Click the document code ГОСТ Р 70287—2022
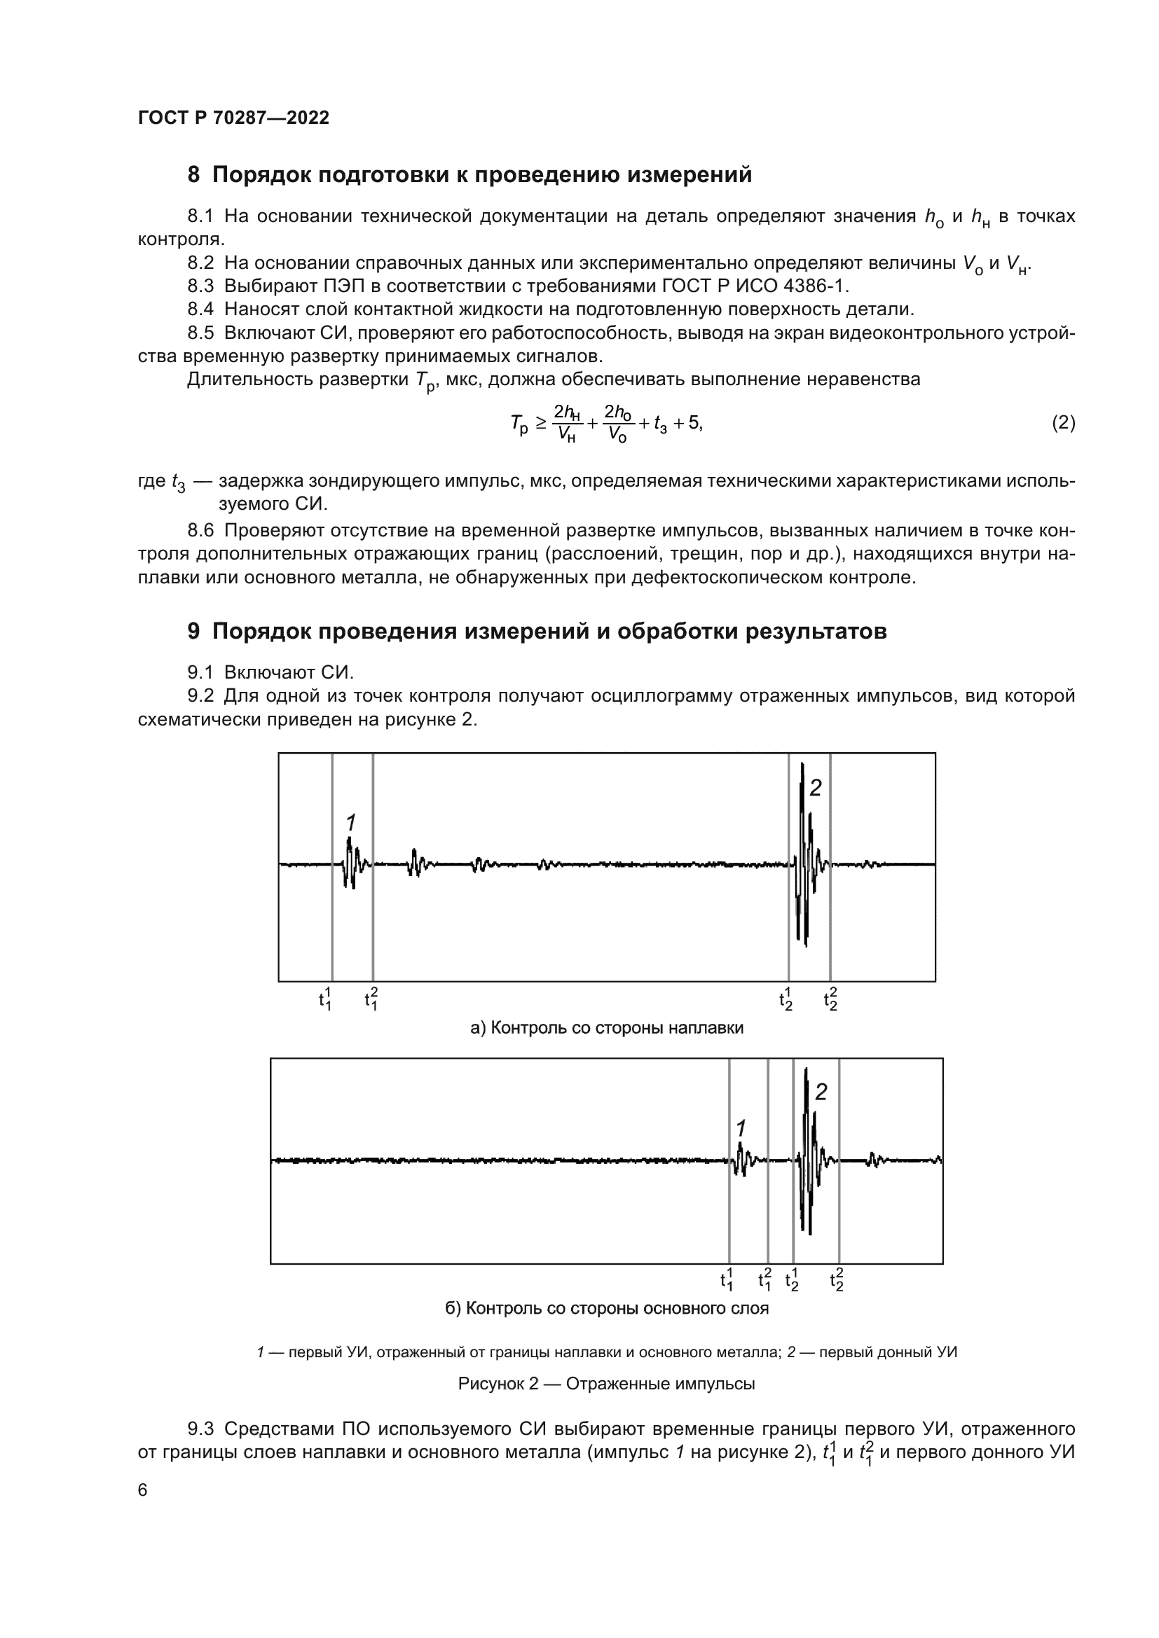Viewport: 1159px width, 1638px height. (233, 118)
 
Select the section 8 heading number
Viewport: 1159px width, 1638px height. (193, 175)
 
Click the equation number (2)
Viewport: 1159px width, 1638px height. (1063, 423)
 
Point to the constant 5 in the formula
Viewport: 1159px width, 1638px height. (694, 422)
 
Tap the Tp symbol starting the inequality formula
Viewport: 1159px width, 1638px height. (519, 424)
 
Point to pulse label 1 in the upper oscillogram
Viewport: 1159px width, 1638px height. (350, 822)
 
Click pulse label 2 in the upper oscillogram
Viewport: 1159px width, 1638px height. (815, 789)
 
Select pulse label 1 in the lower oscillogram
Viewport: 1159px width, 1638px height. (741, 1129)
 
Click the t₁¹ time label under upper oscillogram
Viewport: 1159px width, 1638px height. (325, 999)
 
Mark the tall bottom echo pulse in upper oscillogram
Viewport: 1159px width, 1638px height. (804, 856)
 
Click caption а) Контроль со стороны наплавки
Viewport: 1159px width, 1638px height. (607, 1028)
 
